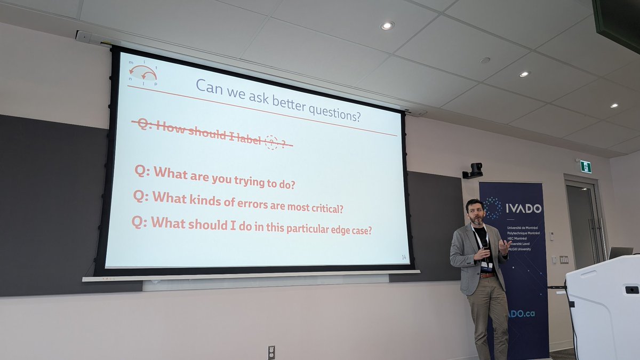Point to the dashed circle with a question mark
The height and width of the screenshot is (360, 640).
[272, 142]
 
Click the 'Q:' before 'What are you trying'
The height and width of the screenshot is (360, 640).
[142, 172]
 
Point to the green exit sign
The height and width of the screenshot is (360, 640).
[586, 166]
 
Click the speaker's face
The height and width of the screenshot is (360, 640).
[476, 212]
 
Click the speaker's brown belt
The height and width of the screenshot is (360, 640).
[486, 275]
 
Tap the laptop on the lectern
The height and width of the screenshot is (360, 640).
[620, 253]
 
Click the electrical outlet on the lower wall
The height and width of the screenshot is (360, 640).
[271, 352]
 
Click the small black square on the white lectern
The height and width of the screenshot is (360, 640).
[631, 290]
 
